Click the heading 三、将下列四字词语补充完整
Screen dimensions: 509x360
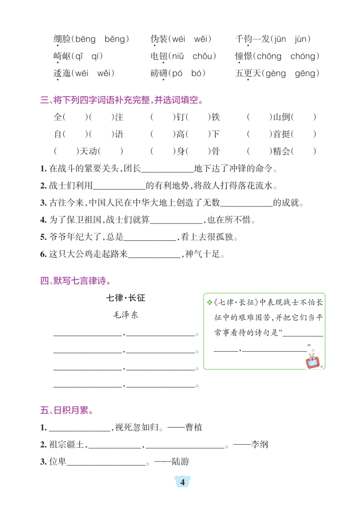pyautogui.click(x=122, y=100)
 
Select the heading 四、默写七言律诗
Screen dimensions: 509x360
pyautogui.click(x=75, y=281)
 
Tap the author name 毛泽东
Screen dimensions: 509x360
pyautogui.click(x=126, y=315)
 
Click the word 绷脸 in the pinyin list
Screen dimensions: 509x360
pyautogui.click(x=62, y=39)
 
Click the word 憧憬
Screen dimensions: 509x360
pyautogui.click(x=244, y=56)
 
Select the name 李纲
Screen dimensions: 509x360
pyautogui.click(x=260, y=445)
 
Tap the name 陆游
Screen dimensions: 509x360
pyautogui.click(x=181, y=462)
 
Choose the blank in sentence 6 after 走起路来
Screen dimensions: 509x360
pyautogui.click(x=154, y=254)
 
